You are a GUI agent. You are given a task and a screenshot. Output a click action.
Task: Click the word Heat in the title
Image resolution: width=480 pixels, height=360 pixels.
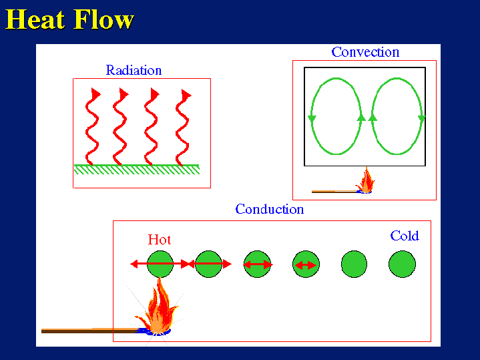[37, 19]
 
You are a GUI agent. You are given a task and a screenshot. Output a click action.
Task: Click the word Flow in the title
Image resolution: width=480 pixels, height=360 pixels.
[104, 19]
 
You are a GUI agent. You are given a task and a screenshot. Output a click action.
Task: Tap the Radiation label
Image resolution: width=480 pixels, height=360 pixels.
[134, 70]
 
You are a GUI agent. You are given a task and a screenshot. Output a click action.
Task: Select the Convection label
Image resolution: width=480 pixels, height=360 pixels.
[365, 52]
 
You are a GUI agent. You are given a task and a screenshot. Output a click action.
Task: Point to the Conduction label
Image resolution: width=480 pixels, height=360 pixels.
[270, 209]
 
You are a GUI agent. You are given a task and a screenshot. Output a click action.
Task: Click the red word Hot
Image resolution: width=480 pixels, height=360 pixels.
[160, 239]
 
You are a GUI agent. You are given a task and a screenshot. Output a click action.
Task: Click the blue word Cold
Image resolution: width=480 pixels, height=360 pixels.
[405, 236]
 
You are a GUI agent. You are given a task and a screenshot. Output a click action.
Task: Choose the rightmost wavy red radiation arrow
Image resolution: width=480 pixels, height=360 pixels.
[182, 127]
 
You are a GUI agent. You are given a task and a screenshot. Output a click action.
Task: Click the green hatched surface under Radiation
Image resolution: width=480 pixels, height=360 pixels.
[137, 169]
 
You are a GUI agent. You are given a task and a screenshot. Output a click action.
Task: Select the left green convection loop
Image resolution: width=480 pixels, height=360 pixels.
[336, 117]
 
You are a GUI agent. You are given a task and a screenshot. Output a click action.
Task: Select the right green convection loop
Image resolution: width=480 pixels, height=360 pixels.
[397, 117]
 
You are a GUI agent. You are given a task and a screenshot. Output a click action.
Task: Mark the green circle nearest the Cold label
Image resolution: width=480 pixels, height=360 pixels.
[402, 264]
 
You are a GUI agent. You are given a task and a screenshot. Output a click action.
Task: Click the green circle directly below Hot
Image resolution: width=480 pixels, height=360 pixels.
[160, 264]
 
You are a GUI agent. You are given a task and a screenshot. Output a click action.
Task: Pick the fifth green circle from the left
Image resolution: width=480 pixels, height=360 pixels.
[354, 264]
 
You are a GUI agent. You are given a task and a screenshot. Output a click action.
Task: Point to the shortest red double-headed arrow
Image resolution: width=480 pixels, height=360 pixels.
[306, 265]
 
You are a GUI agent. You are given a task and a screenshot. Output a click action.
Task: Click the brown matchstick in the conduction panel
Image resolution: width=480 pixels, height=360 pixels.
[87, 330]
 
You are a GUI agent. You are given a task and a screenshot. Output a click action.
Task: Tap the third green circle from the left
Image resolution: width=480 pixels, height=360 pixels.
[258, 264]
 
